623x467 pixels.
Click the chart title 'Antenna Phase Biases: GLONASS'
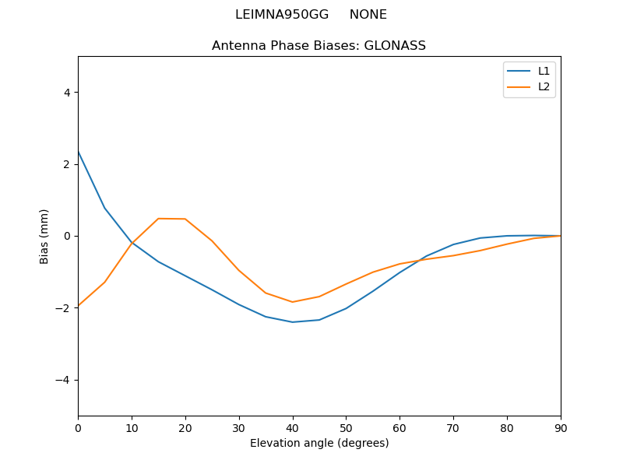click(319, 46)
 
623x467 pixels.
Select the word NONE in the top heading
click(368, 15)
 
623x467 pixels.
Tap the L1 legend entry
click(544, 71)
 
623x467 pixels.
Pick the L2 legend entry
click(544, 86)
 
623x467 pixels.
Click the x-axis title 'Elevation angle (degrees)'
click(319, 443)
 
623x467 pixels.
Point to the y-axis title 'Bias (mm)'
click(44, 236)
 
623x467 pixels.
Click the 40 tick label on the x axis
click(293, 427)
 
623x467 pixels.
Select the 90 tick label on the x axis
click(561, 427)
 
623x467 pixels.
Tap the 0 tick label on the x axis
click(78, 427)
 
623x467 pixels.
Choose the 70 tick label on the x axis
click(453, 427)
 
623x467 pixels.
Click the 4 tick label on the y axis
click(67, 93)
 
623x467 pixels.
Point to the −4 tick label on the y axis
click(63, 380)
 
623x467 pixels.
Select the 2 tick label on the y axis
click(67, 164)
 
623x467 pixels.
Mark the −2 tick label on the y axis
click(63, 308)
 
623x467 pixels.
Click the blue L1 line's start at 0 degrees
click(79, 152)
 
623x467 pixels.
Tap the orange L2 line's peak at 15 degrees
click(158, 219)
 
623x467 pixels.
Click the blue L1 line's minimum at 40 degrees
click(293, 322)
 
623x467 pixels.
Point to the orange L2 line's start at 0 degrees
click(79, 306)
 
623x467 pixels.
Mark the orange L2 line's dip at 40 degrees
click(293, 302)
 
